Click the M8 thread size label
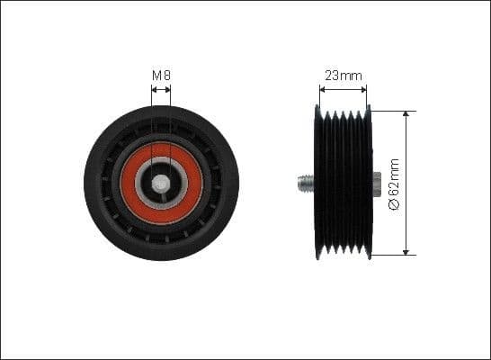coord(161,76)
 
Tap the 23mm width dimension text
coord(343,76)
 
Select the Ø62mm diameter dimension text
coord(393,183)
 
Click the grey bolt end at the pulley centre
coord(161,183)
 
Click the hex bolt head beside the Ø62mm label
coord(375,183)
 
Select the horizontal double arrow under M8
coord(161,89)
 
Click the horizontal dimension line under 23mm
coord(343,89)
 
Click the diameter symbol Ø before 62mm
coord(393,205)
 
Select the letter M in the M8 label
coord(156,76)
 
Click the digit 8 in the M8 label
coord(166,76)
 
